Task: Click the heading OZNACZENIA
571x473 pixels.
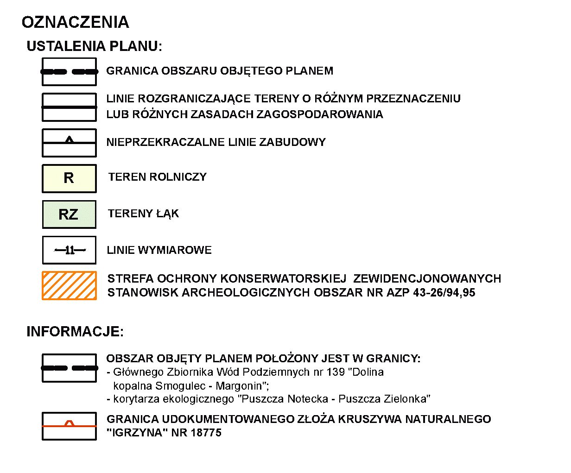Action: click(75, 22)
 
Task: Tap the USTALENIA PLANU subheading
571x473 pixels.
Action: click(94, 46)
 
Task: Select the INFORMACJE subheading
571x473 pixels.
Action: click(75, 332)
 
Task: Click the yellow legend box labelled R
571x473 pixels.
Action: click(69, 178)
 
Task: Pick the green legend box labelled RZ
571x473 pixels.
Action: click(69, 214)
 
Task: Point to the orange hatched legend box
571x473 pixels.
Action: click(69, 285)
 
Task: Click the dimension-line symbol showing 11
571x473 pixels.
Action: click(70, 251)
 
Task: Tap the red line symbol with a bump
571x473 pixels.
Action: click(70, 424)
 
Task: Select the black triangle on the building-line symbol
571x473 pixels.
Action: click(70, 139)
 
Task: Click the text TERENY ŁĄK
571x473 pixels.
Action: click(143, 214)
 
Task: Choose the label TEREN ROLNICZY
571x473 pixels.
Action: click(158, 177)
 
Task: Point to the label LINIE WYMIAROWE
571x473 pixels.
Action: click(159, 250)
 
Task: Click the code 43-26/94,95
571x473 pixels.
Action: click(444, 293)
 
